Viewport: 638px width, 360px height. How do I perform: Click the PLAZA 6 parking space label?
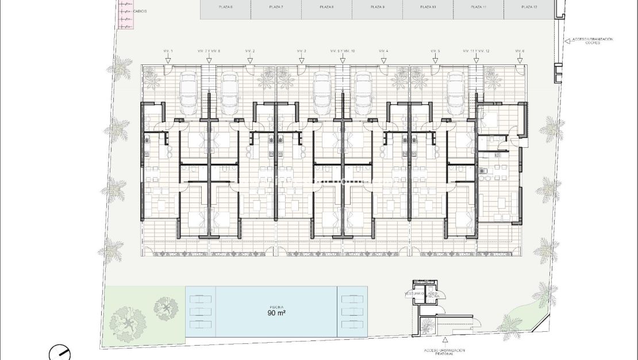tap(225, 7)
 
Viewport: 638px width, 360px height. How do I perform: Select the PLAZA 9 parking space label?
tap(377, 7)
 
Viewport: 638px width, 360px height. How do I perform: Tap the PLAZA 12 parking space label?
tap(529, 7)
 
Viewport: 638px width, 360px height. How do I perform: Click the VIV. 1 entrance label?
tap(168, 52)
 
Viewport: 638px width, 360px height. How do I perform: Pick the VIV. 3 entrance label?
tap(302, 52)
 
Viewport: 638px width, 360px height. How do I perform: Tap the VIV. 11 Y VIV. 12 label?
tap(476, 52)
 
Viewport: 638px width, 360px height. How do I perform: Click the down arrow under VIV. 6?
tap(520, 58)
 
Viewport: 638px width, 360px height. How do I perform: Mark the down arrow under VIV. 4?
tap(383, 58)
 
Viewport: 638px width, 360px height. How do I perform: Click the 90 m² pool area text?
tap(276, 314)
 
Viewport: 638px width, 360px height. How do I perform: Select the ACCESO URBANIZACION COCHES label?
tap(592, 41)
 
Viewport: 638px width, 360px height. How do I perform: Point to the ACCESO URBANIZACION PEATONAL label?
tap(444, 352)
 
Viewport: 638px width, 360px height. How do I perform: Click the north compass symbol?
tap(59, 351)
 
